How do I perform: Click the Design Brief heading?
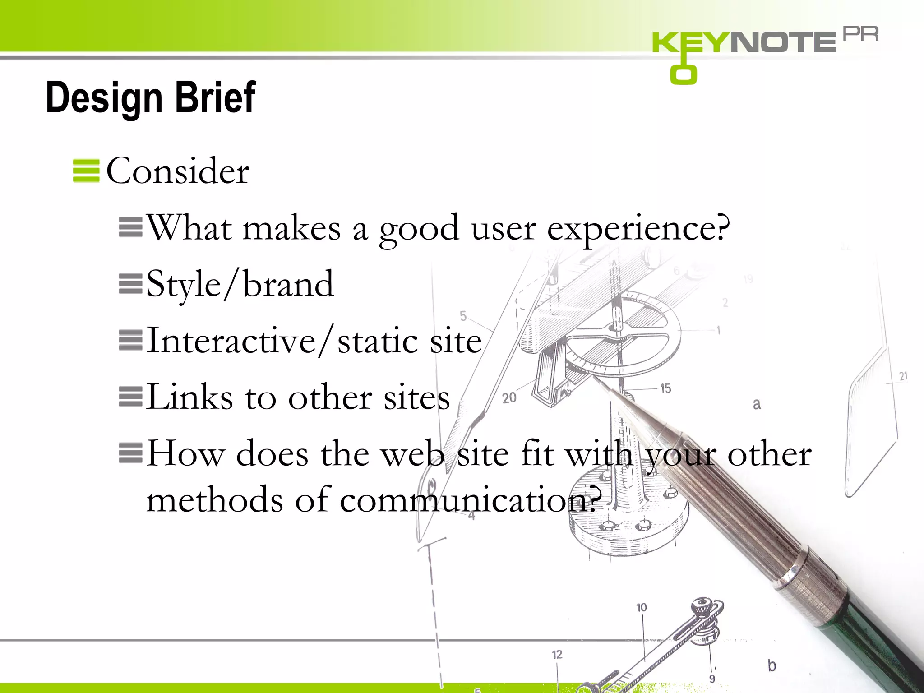151,97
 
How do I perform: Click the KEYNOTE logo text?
744,42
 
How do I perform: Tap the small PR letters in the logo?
860,34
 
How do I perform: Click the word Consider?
177,171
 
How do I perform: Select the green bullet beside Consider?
86,171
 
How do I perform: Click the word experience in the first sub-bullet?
638,228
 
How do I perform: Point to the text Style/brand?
240,285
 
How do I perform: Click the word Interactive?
231,341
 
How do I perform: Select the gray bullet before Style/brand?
130,284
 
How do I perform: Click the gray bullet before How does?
130,453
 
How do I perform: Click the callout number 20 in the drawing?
509,398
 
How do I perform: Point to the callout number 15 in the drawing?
665,388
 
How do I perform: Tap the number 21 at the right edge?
903,376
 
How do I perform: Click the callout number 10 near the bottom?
642,608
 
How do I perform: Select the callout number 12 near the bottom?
557,655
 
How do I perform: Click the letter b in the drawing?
772,665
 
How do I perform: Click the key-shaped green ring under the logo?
684,74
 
